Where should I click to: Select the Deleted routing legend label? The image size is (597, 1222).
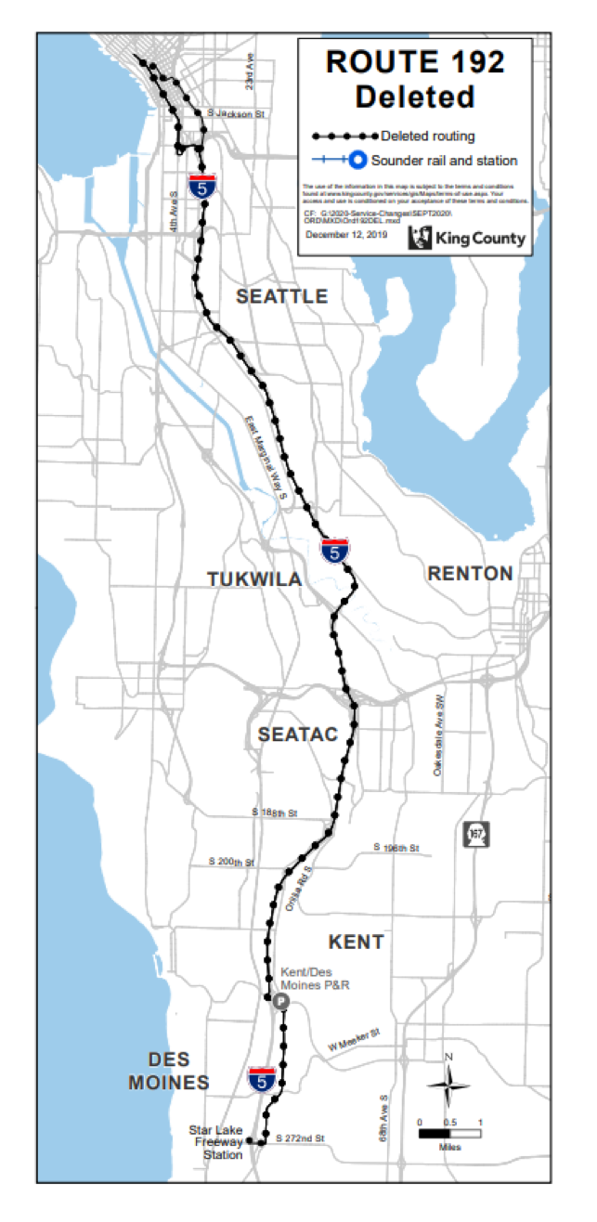click(427, 136)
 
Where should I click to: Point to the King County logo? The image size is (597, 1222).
click(480, 239)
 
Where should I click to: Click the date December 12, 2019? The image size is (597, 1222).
click(344, 235)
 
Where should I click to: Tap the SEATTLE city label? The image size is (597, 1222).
click(281, 296)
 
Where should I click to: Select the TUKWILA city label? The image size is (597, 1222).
click(254, 579)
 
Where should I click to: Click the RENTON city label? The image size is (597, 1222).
click(470, 574)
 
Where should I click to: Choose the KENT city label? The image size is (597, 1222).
click(356, 942)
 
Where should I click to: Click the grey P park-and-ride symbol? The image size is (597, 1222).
click(279, 1000)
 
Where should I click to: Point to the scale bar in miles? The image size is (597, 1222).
click(449, 1133)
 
